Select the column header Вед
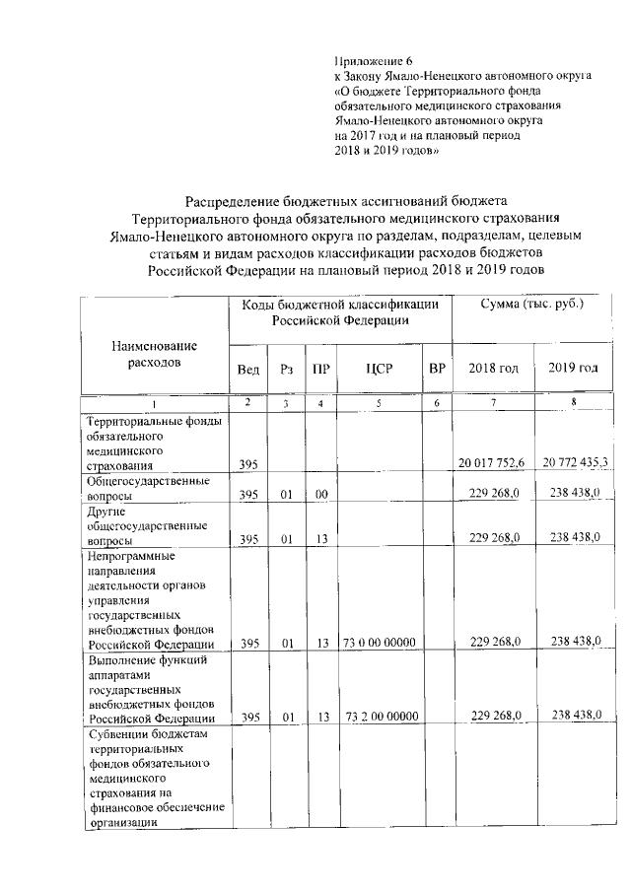[249, 369]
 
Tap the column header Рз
[286, 369]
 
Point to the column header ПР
[320, 369]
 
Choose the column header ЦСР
[379, 369]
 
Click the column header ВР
[437, 369]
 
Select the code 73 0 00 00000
[380, 642]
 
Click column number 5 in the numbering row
[379, 404]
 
